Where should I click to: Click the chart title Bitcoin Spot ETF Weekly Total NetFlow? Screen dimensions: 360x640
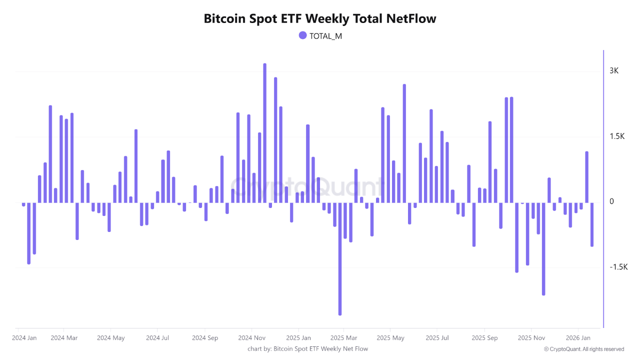pyautogui.click(x=320, y=19)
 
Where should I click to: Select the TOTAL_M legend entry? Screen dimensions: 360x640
pyautogui.click(x=320, y=35)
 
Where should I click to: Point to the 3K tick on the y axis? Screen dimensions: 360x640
pyautogui.click(x=613, y=71)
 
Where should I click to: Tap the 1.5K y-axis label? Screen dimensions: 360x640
pyautogui.click(x=617, y=136)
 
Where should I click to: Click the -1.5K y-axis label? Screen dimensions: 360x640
pyautogui.click(x=618, y=267)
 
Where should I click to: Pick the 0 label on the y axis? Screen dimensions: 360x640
pyautogui.click(x=611, y=201)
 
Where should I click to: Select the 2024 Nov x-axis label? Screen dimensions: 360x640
pyautogui.click(x=252, y=337)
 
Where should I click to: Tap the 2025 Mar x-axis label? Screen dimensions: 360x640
pyautogui.click(x=344, y=337)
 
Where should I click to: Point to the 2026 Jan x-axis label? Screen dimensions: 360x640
pyautogui.click(x=578, y=337)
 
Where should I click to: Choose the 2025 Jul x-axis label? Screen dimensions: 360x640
pyautogui.click(x=437, y=337)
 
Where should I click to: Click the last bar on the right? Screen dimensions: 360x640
pyautogui.click(x=592, y=225)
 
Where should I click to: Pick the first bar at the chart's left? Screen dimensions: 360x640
pyautogui.click(x=23, y=204)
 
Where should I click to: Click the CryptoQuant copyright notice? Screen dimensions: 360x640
pyautogui.click(x=583, y=349)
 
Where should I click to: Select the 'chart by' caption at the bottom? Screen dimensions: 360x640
pyautogui.click(x=307, y=348)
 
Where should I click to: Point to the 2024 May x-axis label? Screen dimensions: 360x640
pyautogui.click(x=111, y=337)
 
